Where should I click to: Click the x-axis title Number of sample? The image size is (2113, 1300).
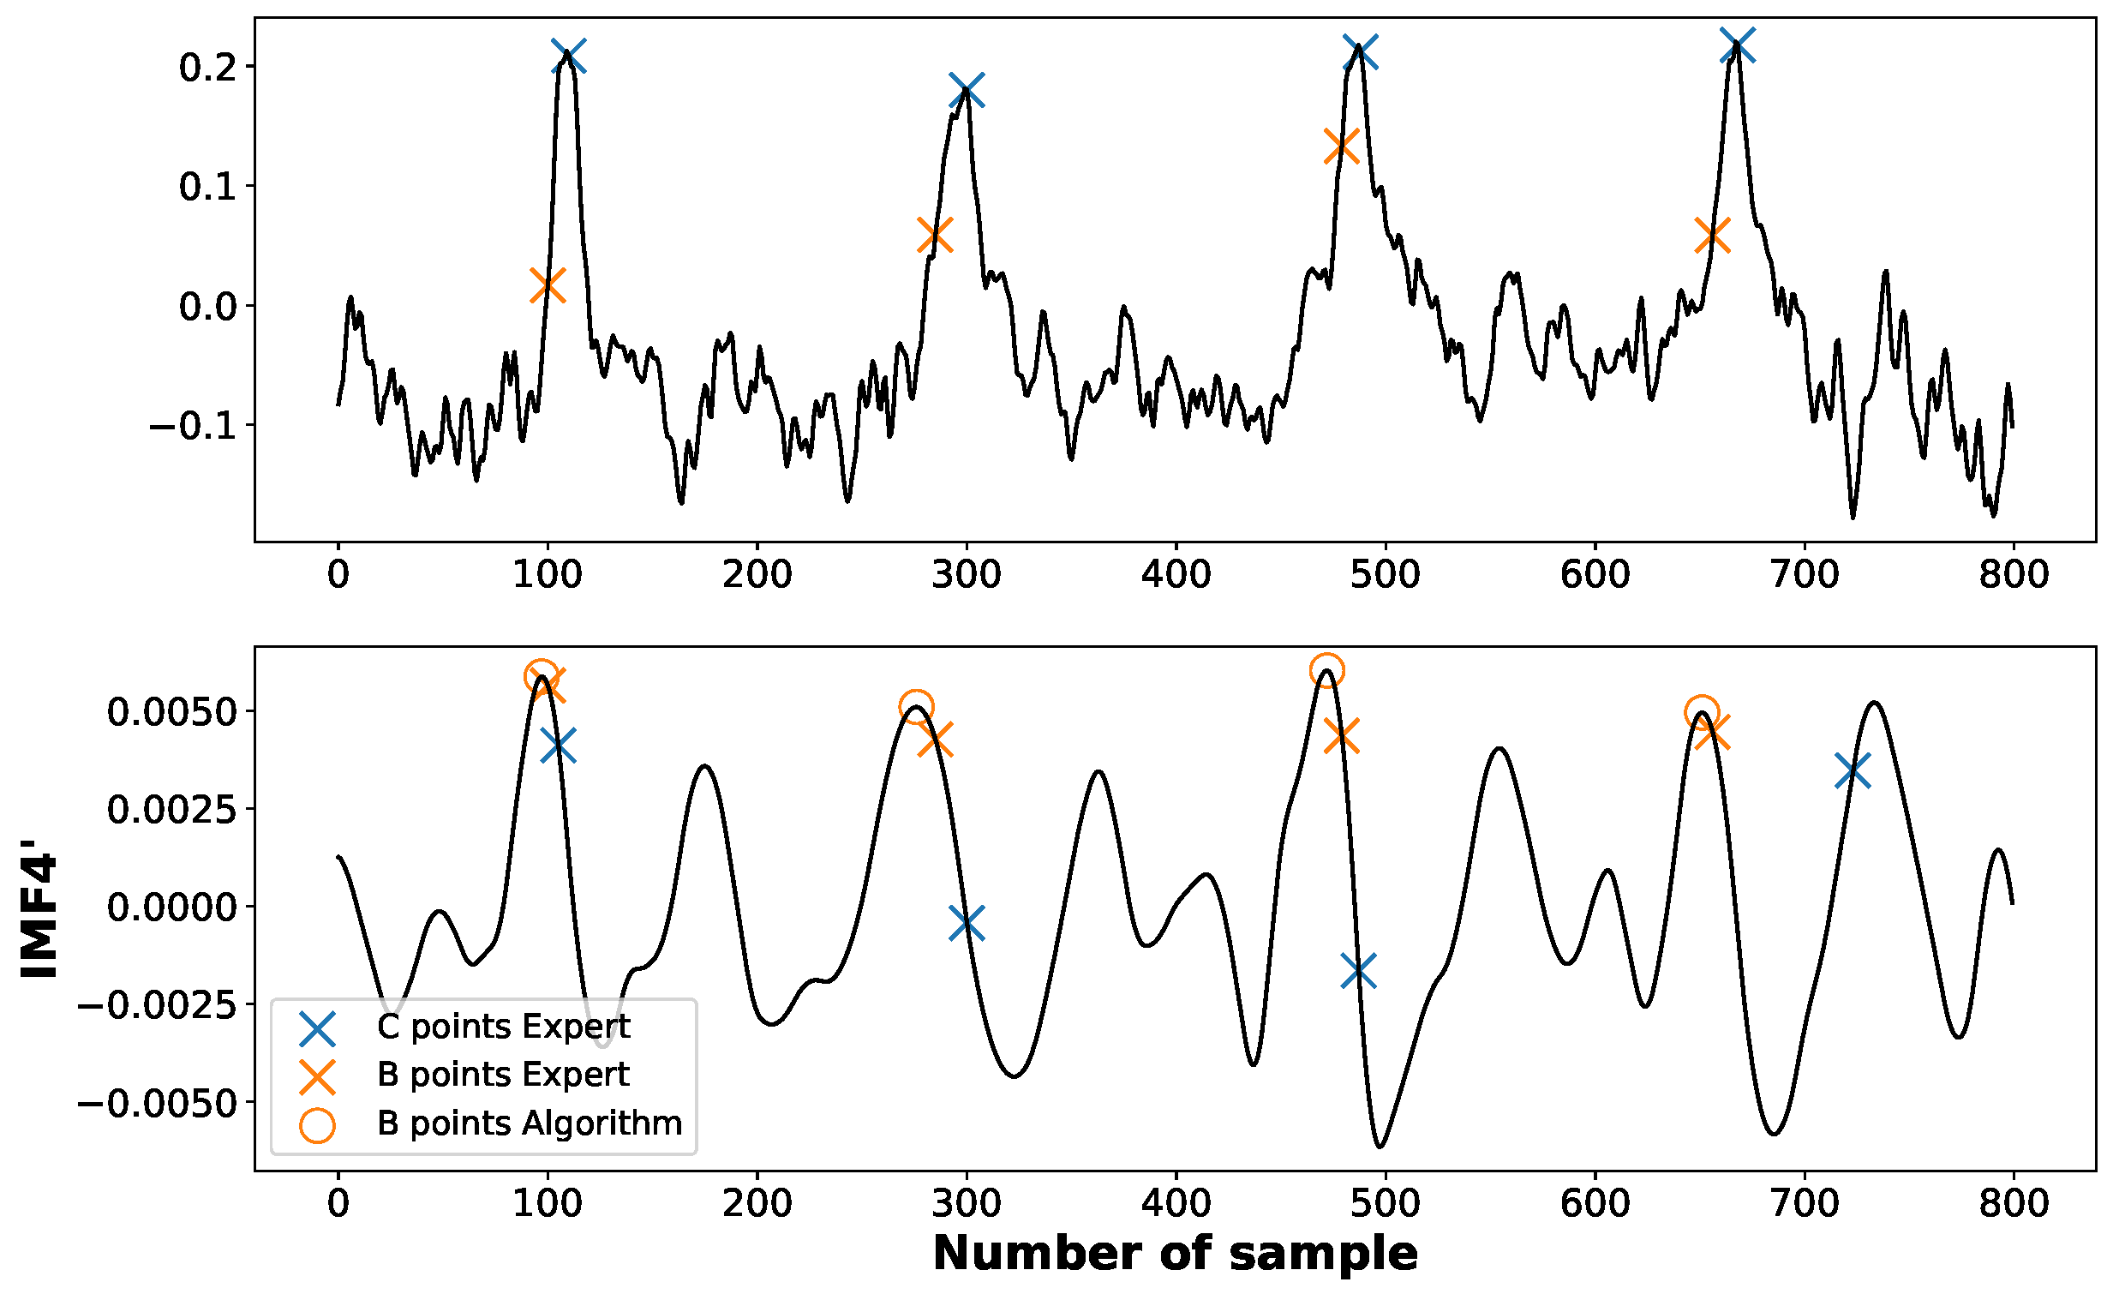click(1175, 1253)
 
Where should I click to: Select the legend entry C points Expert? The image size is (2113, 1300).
click(503, 1027)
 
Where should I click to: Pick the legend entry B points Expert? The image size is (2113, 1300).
click(503, 1075)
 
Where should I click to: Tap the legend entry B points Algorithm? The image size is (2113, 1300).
click(529, 1123)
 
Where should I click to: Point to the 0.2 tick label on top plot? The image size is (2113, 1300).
click(207, 67)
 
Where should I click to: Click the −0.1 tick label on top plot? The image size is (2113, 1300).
click(193, 426)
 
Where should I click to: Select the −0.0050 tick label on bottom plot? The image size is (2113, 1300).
click(157, 1103)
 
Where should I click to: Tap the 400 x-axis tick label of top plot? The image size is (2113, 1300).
click(1176, 574)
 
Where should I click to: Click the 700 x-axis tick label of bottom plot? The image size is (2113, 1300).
click(1805, 1203)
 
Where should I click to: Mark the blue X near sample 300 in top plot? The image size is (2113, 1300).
click(967, 90)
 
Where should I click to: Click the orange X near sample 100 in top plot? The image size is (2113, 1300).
click(548, 285)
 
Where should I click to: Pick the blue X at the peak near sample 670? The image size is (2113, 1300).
click(1738, 45)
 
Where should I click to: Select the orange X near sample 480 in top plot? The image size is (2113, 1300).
click(1342, 146)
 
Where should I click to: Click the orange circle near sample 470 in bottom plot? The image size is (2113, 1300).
click(1326, 670)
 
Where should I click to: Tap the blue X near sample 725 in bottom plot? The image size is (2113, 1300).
click(1853, 770)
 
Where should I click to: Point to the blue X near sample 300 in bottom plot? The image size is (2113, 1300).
click(967, 924)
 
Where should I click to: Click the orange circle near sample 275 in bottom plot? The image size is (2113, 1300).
click(916, 707)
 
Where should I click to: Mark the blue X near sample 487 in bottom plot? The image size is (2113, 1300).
click(1358, 972)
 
